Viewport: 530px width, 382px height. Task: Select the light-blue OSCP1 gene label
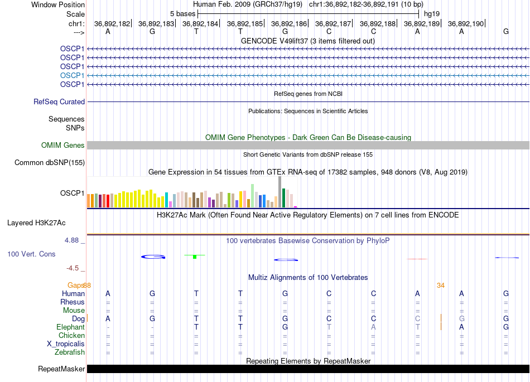click(73, 75)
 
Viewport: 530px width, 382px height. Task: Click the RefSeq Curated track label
click(59, 102)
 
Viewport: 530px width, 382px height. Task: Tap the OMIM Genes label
click(63, 146)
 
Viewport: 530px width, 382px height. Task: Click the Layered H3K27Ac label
click(36, 223)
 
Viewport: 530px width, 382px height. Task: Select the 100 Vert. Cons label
click(31, 254)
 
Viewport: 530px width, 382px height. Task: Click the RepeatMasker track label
click(61, 369)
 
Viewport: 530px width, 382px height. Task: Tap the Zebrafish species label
click(70, 352)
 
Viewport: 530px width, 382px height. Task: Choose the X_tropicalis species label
click(66, 344)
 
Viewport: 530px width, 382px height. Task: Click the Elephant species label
click(70, 327)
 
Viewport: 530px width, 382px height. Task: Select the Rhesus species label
click(73, 302)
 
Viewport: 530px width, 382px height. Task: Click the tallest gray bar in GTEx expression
click(280, 192)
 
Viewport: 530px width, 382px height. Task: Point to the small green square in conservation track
click(194, 257)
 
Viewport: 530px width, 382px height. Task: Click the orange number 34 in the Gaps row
click(441, 286)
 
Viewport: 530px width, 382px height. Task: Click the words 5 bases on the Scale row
click(182, 13)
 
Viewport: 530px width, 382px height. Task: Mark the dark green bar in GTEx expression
click(284, 198)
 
